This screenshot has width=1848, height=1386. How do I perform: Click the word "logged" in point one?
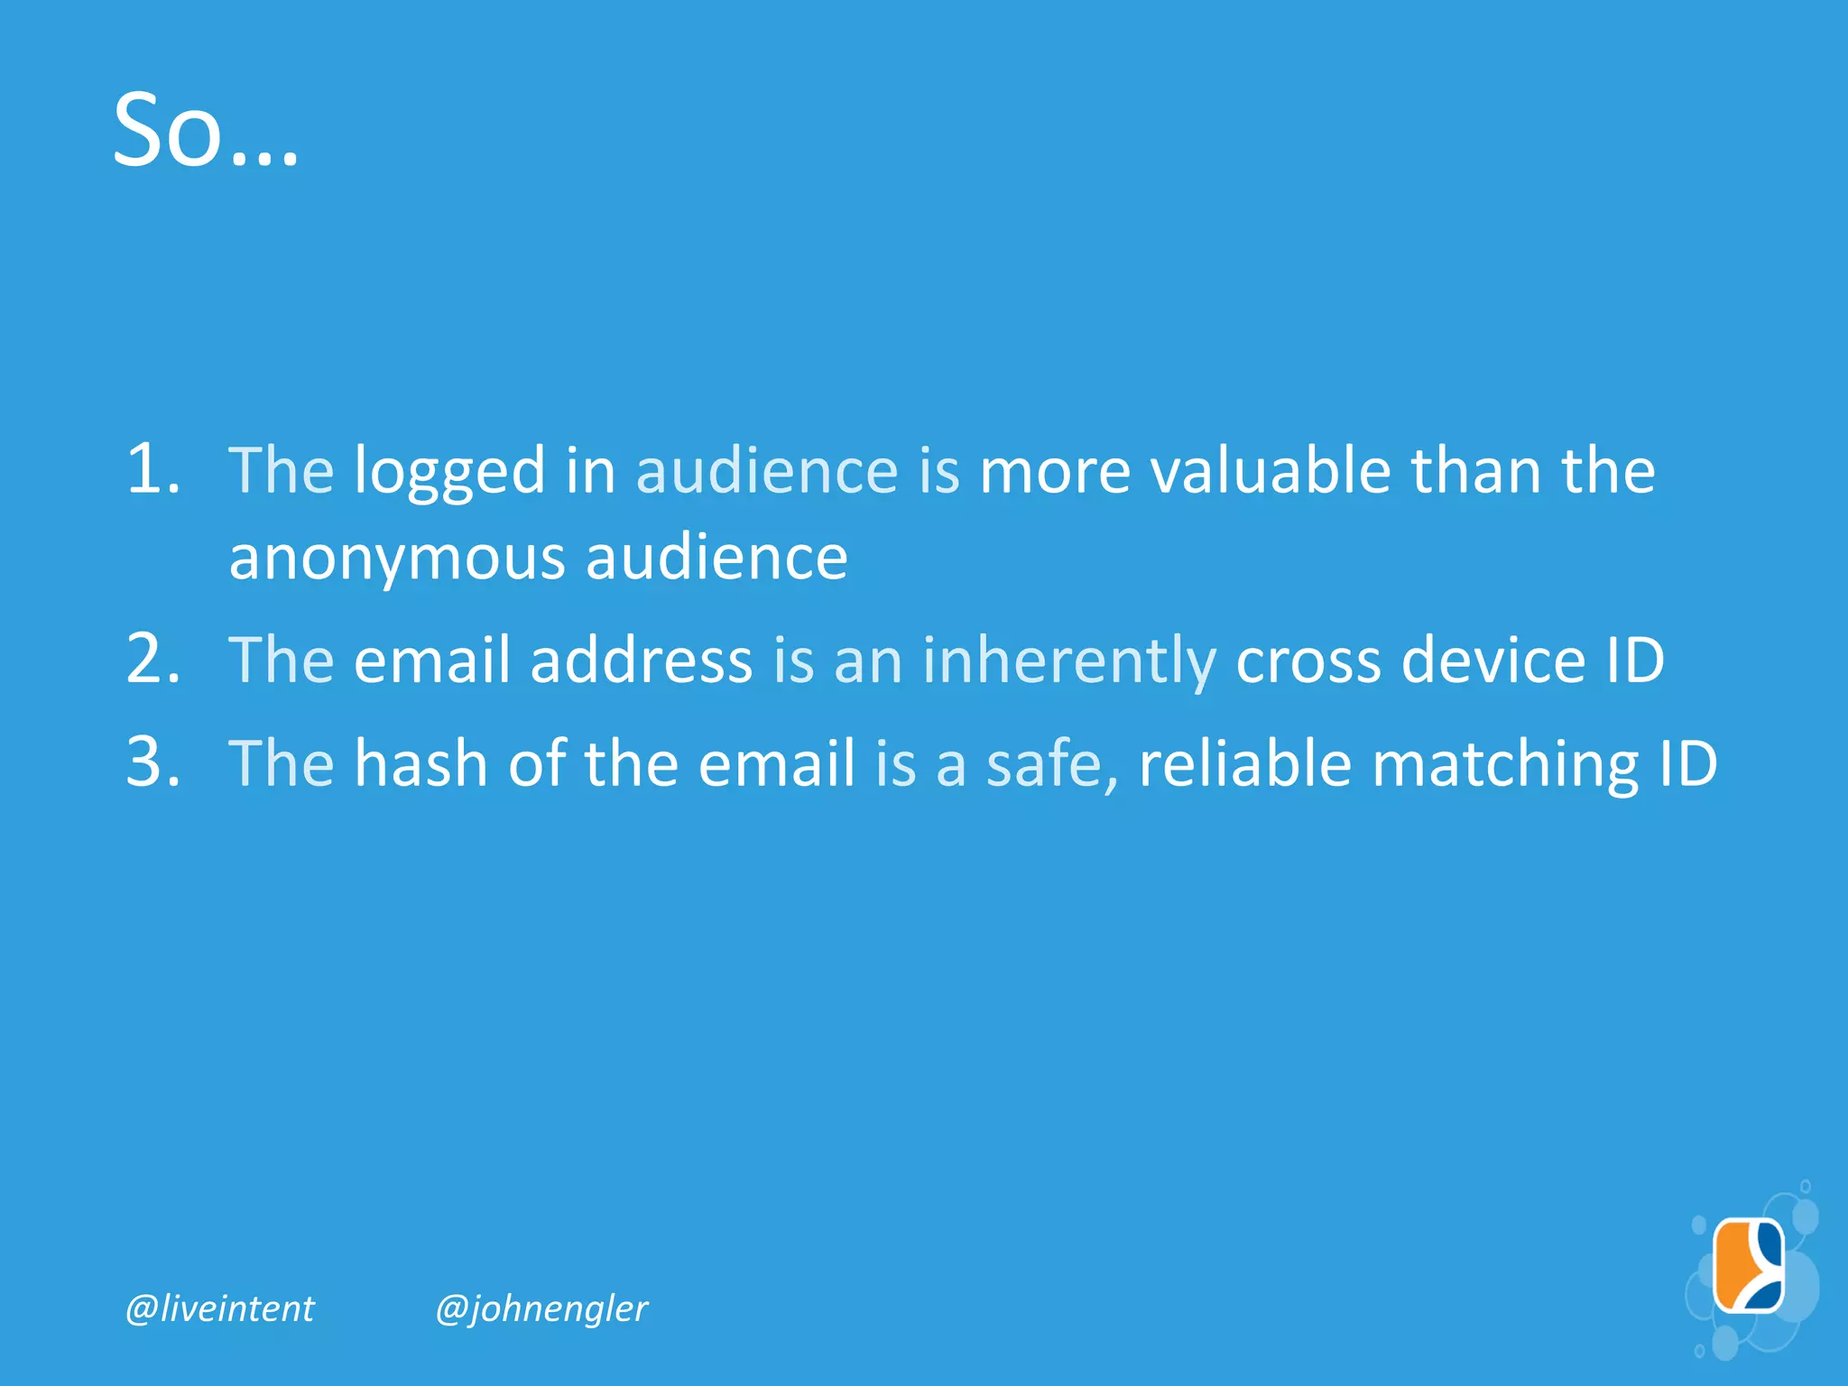coord(449,473)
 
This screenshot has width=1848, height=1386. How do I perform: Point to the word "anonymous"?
coord(397,558)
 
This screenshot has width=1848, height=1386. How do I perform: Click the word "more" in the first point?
coord(1054,473)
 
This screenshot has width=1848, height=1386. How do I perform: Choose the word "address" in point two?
coord(641,660)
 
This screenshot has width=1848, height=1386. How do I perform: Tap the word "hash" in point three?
coord(420,763)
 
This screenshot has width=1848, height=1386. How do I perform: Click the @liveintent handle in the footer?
coord(220,1308)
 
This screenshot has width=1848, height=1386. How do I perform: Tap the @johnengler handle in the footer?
coord(541,1308)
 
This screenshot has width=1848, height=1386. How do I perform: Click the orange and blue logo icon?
coord(1749,1265)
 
